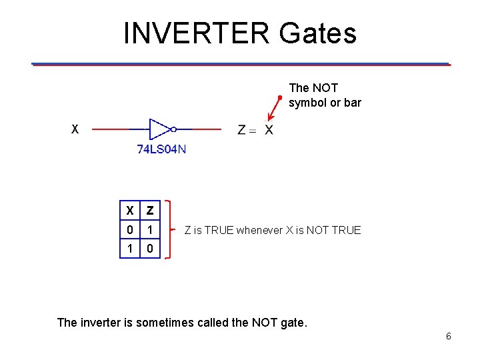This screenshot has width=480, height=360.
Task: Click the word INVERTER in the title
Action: [x=197, y=33]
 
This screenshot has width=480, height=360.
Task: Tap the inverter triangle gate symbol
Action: [x=160, y=129]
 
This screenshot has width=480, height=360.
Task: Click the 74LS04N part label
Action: [x=161, y=150]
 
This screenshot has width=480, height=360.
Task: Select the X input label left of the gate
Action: [x=75, y=129]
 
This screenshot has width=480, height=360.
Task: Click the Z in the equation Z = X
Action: [x=243, y=129]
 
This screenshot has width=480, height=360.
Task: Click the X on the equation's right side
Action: [x=268, y=129]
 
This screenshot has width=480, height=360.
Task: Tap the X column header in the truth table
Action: [x=130, y=210]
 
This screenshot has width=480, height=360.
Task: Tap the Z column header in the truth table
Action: [x=151, y=210]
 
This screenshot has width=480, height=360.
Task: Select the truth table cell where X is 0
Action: [x=130, y=230]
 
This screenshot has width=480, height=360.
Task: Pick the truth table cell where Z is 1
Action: [x=151, y=230]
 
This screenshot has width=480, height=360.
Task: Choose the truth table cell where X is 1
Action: [x=130, y=249]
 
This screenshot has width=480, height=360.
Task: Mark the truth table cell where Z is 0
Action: [x=151, y=249]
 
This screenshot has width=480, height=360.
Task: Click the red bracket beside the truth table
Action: [x=169, y=229]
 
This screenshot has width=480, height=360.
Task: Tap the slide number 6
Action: [x=449, y=336]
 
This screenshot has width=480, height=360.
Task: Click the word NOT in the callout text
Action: [x=325, y=88]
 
